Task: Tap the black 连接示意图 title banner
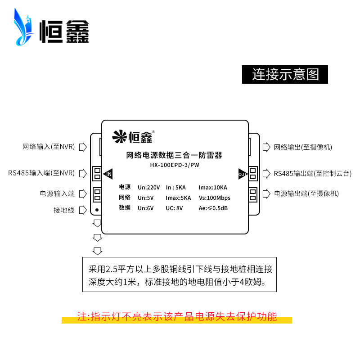click(x=285, y=74)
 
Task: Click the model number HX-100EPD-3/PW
click(x=175, y=165)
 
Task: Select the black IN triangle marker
click(x=108, y=174)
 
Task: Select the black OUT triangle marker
click(x=243, y=174)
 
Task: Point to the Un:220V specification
click(x=148, y=188)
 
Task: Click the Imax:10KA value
click(x=212, y=188)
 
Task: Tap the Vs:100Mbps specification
click(x=215, y=198)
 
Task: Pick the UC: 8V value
click(x=174, y=208)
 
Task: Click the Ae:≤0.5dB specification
click(x=213, y=208)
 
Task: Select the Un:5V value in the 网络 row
click(x=145, y=198)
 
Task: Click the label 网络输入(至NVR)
click(x=49, y=147)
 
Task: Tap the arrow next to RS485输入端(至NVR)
click(x=83, y=173)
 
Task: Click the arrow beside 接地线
click(x=83, y=210)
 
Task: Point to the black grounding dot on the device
click(x=97, y=210)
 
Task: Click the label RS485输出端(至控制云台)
click(x=312, y=174)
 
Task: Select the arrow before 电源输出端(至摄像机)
click(x=266, y=193)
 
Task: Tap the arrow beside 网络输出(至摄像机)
click(x=266, y=147)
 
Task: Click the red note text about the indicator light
click(x=177, y=317)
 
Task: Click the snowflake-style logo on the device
click(x=119, y=136)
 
